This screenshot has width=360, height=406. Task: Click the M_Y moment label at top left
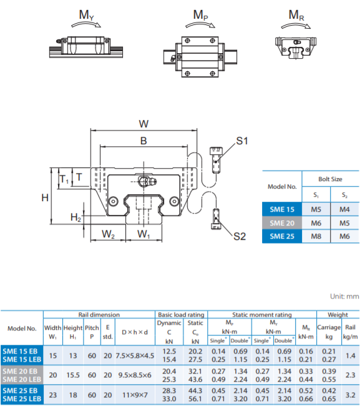coord(86,15)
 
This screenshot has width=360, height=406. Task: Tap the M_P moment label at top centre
coord(200,15)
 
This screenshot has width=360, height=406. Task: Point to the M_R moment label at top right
coord(296,15)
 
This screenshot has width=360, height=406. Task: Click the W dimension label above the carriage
coord(144,124)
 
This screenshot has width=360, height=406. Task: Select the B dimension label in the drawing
coord(144,141)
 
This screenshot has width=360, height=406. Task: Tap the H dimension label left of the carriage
coord(45,198)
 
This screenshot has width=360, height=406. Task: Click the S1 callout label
coord(242,141)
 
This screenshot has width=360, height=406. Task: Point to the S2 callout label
coord(240,236)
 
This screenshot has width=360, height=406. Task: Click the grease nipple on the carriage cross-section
coord(147,181)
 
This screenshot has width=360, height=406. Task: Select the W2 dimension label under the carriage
coord(108,234)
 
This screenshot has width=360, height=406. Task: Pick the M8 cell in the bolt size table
coord(316,236)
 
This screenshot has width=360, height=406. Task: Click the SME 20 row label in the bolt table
coord(282,223)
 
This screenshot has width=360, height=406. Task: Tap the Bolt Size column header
coord(330,179)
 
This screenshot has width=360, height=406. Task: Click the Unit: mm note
coord(344,296)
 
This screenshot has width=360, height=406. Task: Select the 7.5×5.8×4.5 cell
coord(135,355)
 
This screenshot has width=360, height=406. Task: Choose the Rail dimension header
coord(99,315)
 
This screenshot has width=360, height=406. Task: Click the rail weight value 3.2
coord(351,395)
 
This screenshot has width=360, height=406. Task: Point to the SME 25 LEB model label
coord(22,399)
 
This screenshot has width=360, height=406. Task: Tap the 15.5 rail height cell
coord(73,375)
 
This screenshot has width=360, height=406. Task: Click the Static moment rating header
coord(262,315)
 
